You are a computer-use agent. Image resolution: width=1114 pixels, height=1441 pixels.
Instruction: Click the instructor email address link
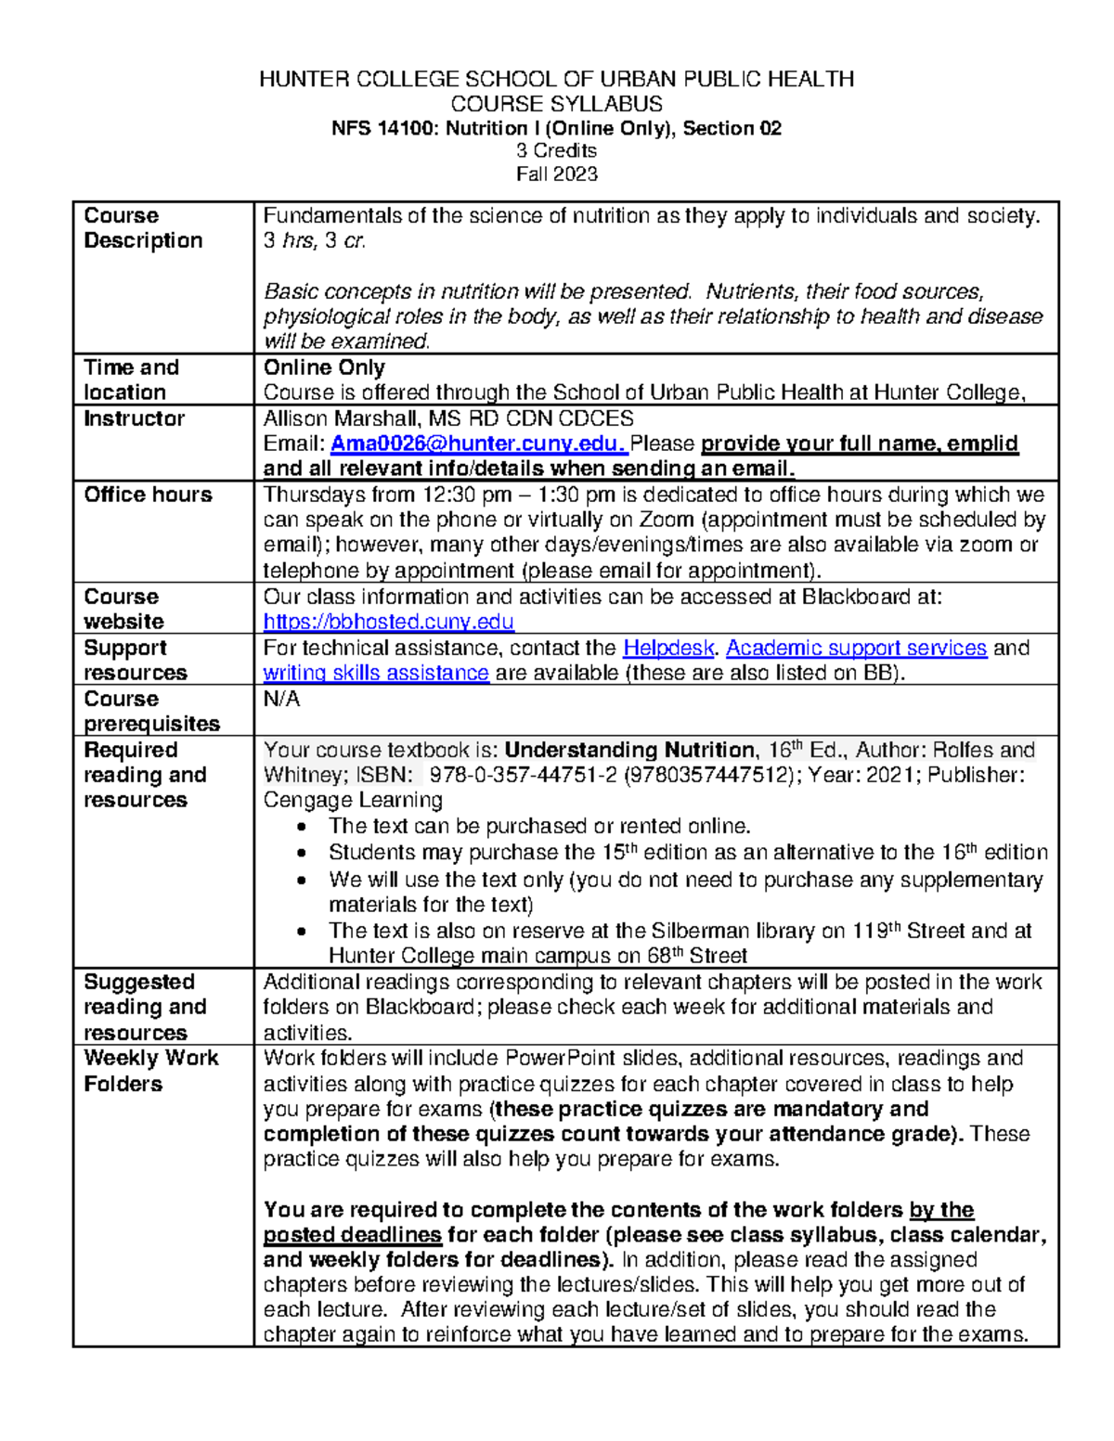(x=479, y=444)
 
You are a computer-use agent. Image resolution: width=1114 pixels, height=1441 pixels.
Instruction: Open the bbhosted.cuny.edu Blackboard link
(x=388, y=622)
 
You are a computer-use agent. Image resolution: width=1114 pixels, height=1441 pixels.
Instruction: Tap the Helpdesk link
(x=668, y=648)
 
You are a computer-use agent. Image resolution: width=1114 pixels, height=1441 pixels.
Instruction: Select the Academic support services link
(x=856, y=648)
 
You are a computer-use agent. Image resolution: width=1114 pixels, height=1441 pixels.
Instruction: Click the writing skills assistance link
(x=376, y=673)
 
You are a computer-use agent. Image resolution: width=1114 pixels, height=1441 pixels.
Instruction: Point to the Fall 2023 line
(x=557, y=174)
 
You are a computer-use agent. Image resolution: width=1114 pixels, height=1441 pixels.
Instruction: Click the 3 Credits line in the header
(x=557, y=150)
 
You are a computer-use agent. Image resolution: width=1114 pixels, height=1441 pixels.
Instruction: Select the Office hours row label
(x=148, y=495)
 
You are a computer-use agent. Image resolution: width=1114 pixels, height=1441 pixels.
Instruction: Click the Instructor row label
(x=134, y=418)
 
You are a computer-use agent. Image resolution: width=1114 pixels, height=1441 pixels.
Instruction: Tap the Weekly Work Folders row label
(x=150, y=1071)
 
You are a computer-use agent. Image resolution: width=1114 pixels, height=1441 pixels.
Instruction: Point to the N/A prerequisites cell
(x=281, y=700)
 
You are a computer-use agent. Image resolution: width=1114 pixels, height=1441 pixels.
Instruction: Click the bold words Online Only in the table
(x=324, y=367)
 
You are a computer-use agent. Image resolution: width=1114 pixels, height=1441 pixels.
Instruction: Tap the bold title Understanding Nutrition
(x=629, y=750)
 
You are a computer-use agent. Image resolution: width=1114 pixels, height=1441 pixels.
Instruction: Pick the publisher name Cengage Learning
(x=353, y=800)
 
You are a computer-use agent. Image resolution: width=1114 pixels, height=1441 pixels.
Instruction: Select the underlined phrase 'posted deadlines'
(x=352, y=1235)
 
